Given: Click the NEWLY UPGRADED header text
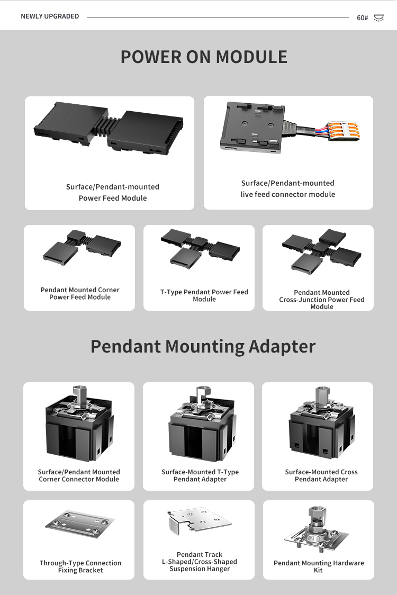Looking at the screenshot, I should click(50, 16).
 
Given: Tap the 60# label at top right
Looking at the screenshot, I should click(362, 18).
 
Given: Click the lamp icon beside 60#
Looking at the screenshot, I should click(378, 18).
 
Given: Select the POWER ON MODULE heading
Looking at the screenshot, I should click(204, 57).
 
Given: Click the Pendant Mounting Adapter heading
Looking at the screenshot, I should click(203, 346).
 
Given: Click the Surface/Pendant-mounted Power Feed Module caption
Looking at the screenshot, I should click(113, 192).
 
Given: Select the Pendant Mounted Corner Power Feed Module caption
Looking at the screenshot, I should click(80, 293).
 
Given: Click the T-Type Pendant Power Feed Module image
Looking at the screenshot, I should click(200, 247).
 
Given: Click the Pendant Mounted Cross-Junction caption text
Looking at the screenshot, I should click(322, 300).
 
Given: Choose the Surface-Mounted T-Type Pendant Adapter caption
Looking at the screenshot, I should click(200, 475).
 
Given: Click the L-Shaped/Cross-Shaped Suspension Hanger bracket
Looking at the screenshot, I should click(200, 521).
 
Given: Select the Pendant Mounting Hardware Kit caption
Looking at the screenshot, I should click(319, 566).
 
